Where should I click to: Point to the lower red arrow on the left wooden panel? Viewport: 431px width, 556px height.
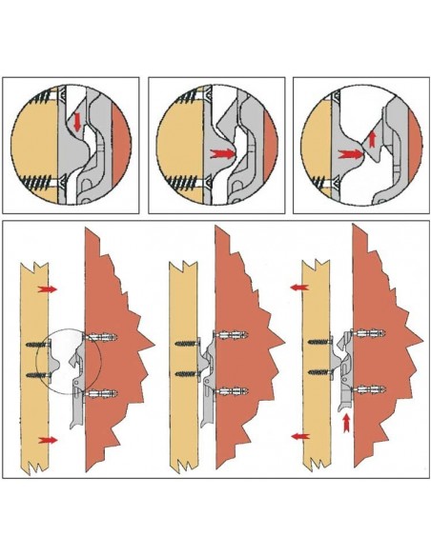(47, 439)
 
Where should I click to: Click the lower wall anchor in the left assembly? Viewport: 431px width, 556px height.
(103, 391)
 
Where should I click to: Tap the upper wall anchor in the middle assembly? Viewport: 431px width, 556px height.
(233, 335)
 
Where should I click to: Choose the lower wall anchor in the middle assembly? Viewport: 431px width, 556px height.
(234, 391)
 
